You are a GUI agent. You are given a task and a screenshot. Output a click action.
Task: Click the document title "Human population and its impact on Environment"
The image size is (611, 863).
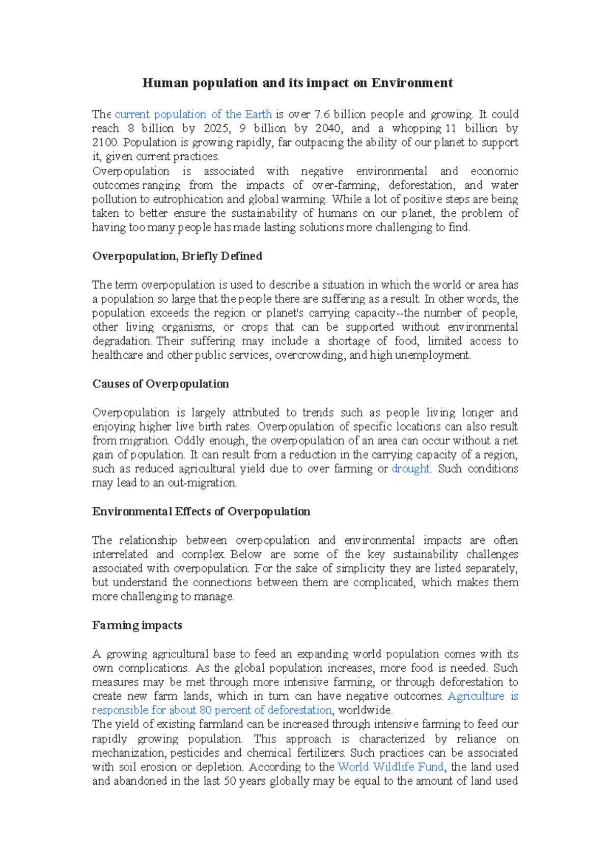(x=297, y=83)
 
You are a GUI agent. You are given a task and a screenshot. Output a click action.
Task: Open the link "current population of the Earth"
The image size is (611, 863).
(x=193, y=114)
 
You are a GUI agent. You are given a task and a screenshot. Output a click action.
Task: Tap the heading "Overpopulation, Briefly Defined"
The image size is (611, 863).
(x=177, y=256)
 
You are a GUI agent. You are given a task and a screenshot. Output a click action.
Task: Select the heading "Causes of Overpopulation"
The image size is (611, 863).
(x=160, y=384)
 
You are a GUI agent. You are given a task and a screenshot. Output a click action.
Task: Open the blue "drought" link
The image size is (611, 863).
(x=411, y=469)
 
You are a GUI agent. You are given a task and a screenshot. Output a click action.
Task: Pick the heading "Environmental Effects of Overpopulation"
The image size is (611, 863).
(x=201, y=511)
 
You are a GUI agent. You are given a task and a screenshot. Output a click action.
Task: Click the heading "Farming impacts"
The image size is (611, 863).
(x=137, y=625)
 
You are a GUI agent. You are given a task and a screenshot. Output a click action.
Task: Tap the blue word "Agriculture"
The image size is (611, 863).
(x=476, y=696)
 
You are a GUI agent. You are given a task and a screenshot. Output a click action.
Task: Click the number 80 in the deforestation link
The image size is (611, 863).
(x=206, y=710)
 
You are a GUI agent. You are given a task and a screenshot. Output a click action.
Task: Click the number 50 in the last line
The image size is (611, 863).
(x=230, y=781)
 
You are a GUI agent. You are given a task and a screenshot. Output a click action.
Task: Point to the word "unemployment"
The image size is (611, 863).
(x=433, y=355)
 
